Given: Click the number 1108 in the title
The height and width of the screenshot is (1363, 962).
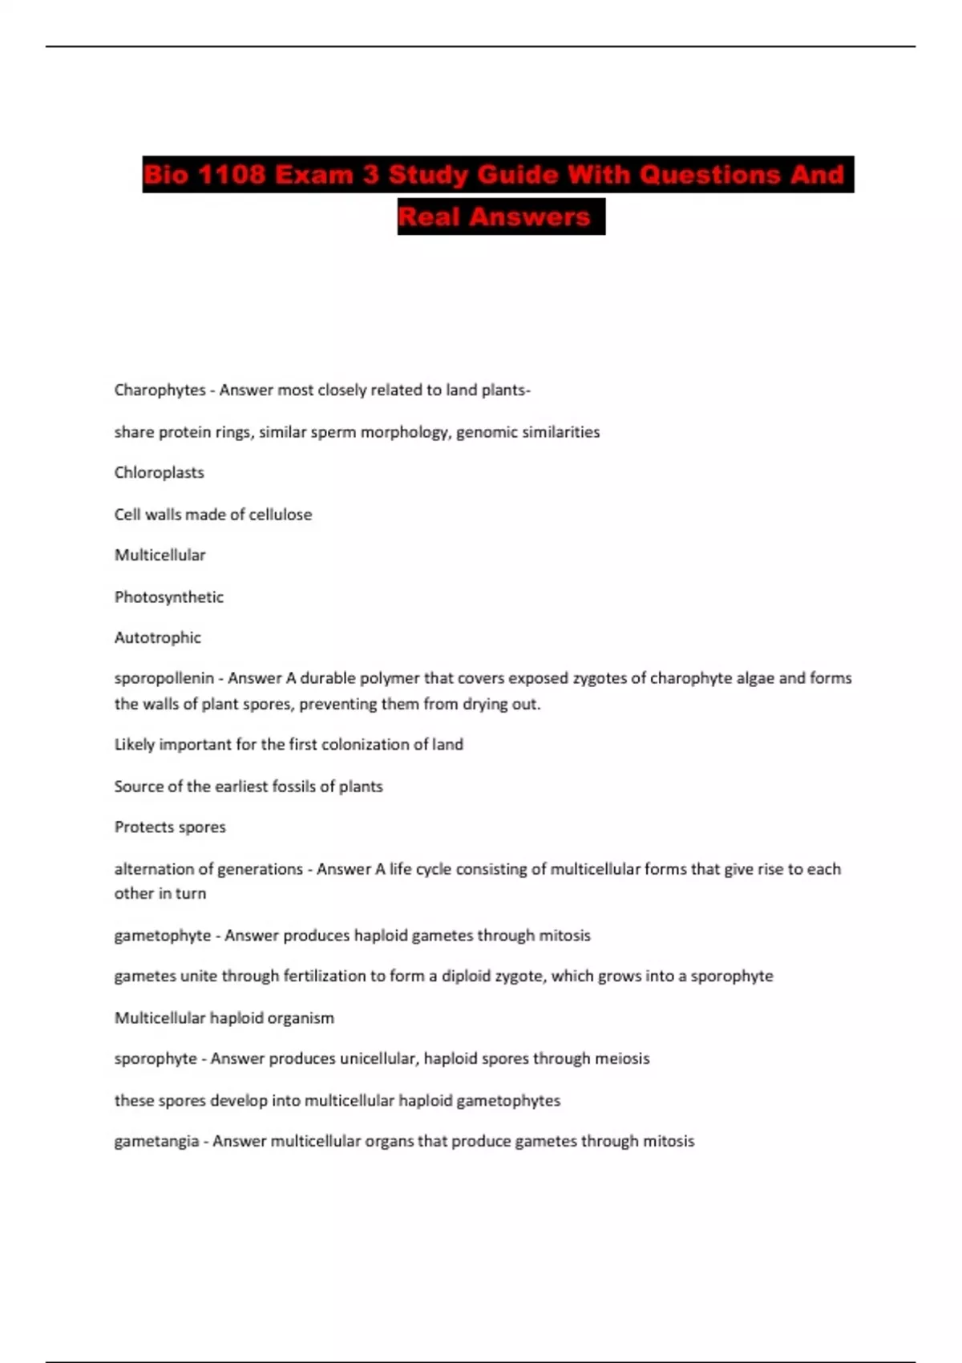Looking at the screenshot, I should (231, 175).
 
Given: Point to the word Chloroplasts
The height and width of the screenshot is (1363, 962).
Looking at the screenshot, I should (159, 472).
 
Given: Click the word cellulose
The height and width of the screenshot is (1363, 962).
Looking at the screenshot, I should (280, 514).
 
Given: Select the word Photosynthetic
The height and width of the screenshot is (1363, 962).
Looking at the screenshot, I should (168, 597).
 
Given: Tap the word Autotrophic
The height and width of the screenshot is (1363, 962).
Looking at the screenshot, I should (157, 637).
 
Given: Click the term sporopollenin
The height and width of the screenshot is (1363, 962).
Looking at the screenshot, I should (164, 678).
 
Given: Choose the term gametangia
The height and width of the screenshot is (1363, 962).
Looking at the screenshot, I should (156, 1141).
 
